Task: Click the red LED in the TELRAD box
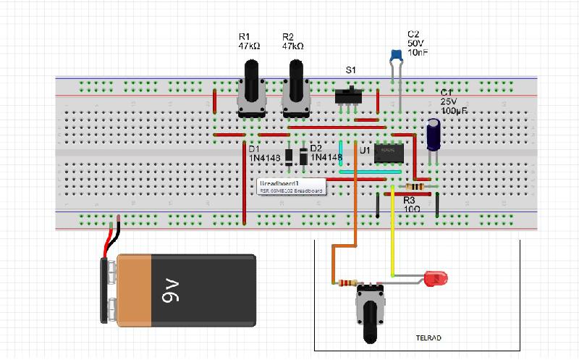click(x=436, y=277)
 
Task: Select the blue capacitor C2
click(x=395, y=54)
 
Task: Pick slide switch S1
click(x=351, y=96)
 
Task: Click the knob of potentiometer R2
click(x=295, y=76)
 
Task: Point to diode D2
click(x=304, y=156)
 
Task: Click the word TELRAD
click(x=428, y=338)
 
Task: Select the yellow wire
click(x=392, y=232)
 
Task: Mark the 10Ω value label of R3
click(x=412, y=209)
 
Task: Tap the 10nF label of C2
click(x=416, y=53)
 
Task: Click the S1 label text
click(x=350, y=70)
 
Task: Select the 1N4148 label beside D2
click(x=325, y=157)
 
